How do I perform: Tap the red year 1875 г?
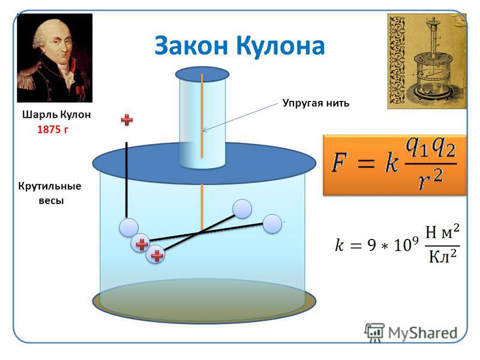pos(53,130)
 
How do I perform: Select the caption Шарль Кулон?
pos(56,115)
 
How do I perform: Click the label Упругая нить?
pos(316,103)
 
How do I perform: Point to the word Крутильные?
pos(50,186)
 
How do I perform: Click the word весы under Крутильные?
pos(51,201)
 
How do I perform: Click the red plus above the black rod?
pos(127,119)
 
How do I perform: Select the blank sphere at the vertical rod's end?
pos(128,227)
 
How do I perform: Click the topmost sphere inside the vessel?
pos(242,209)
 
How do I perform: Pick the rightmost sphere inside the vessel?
pos(272,224)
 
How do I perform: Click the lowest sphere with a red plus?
pos(155,254)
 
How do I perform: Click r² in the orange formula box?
pos(430,179)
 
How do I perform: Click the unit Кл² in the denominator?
pos(443,256)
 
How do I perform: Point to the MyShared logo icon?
pos(374,332)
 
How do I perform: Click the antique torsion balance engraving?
pos(427,61)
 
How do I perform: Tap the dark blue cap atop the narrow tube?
pos(202,74)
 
